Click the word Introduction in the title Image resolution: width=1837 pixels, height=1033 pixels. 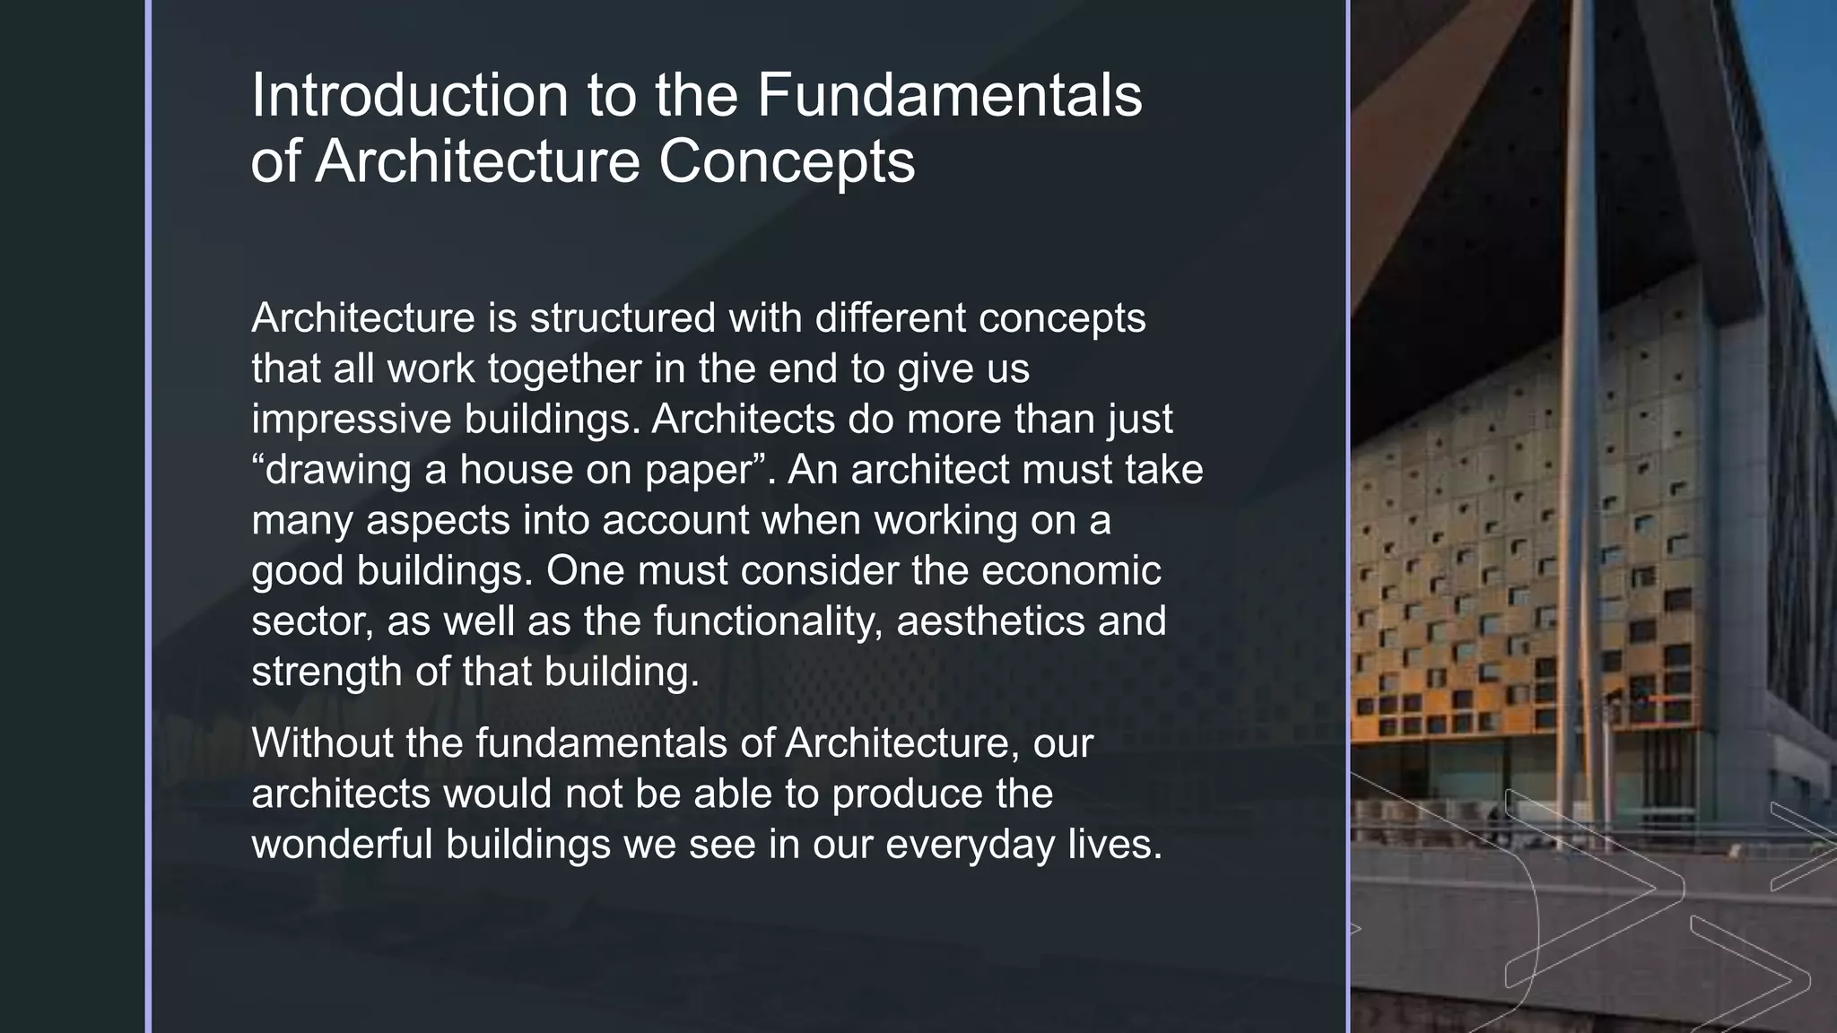(409, 95)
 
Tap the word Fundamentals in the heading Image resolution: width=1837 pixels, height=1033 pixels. (949, 95)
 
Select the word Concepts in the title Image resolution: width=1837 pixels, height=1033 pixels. (787, 162)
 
